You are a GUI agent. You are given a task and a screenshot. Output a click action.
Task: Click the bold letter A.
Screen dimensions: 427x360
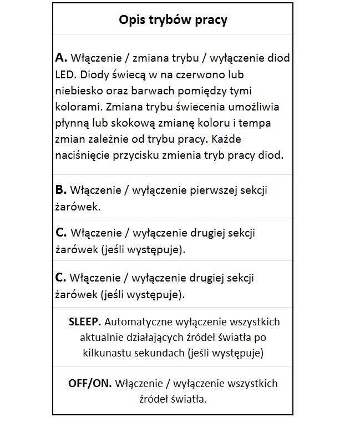pos(61,58)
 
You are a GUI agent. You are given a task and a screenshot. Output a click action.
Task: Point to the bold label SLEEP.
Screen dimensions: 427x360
pos(84,322)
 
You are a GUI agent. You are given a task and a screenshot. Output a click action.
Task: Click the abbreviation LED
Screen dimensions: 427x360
pos(64,74)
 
